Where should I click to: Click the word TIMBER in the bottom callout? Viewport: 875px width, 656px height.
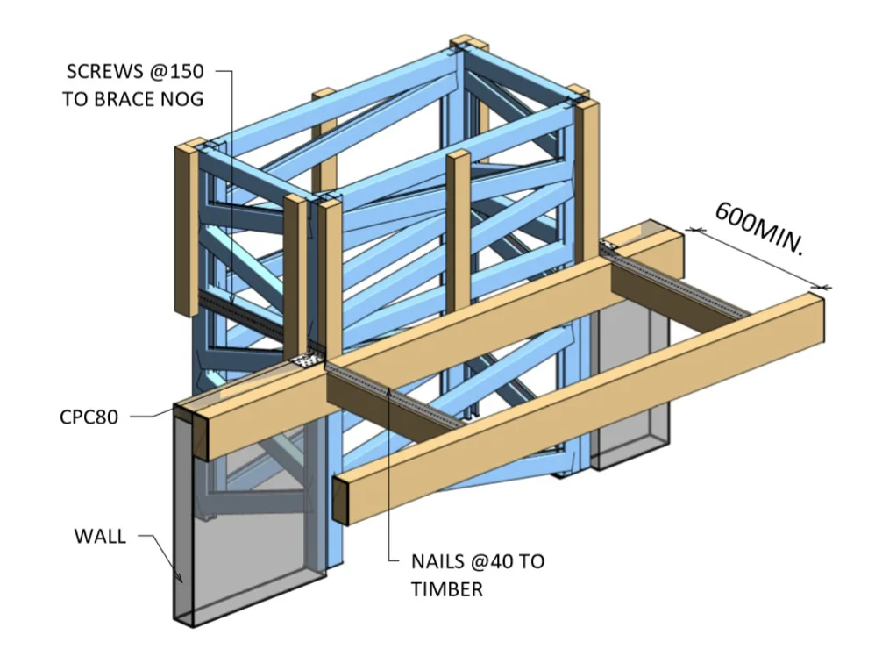click(x=446, y=589)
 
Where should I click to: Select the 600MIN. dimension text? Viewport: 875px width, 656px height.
click(x=759, y=229)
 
